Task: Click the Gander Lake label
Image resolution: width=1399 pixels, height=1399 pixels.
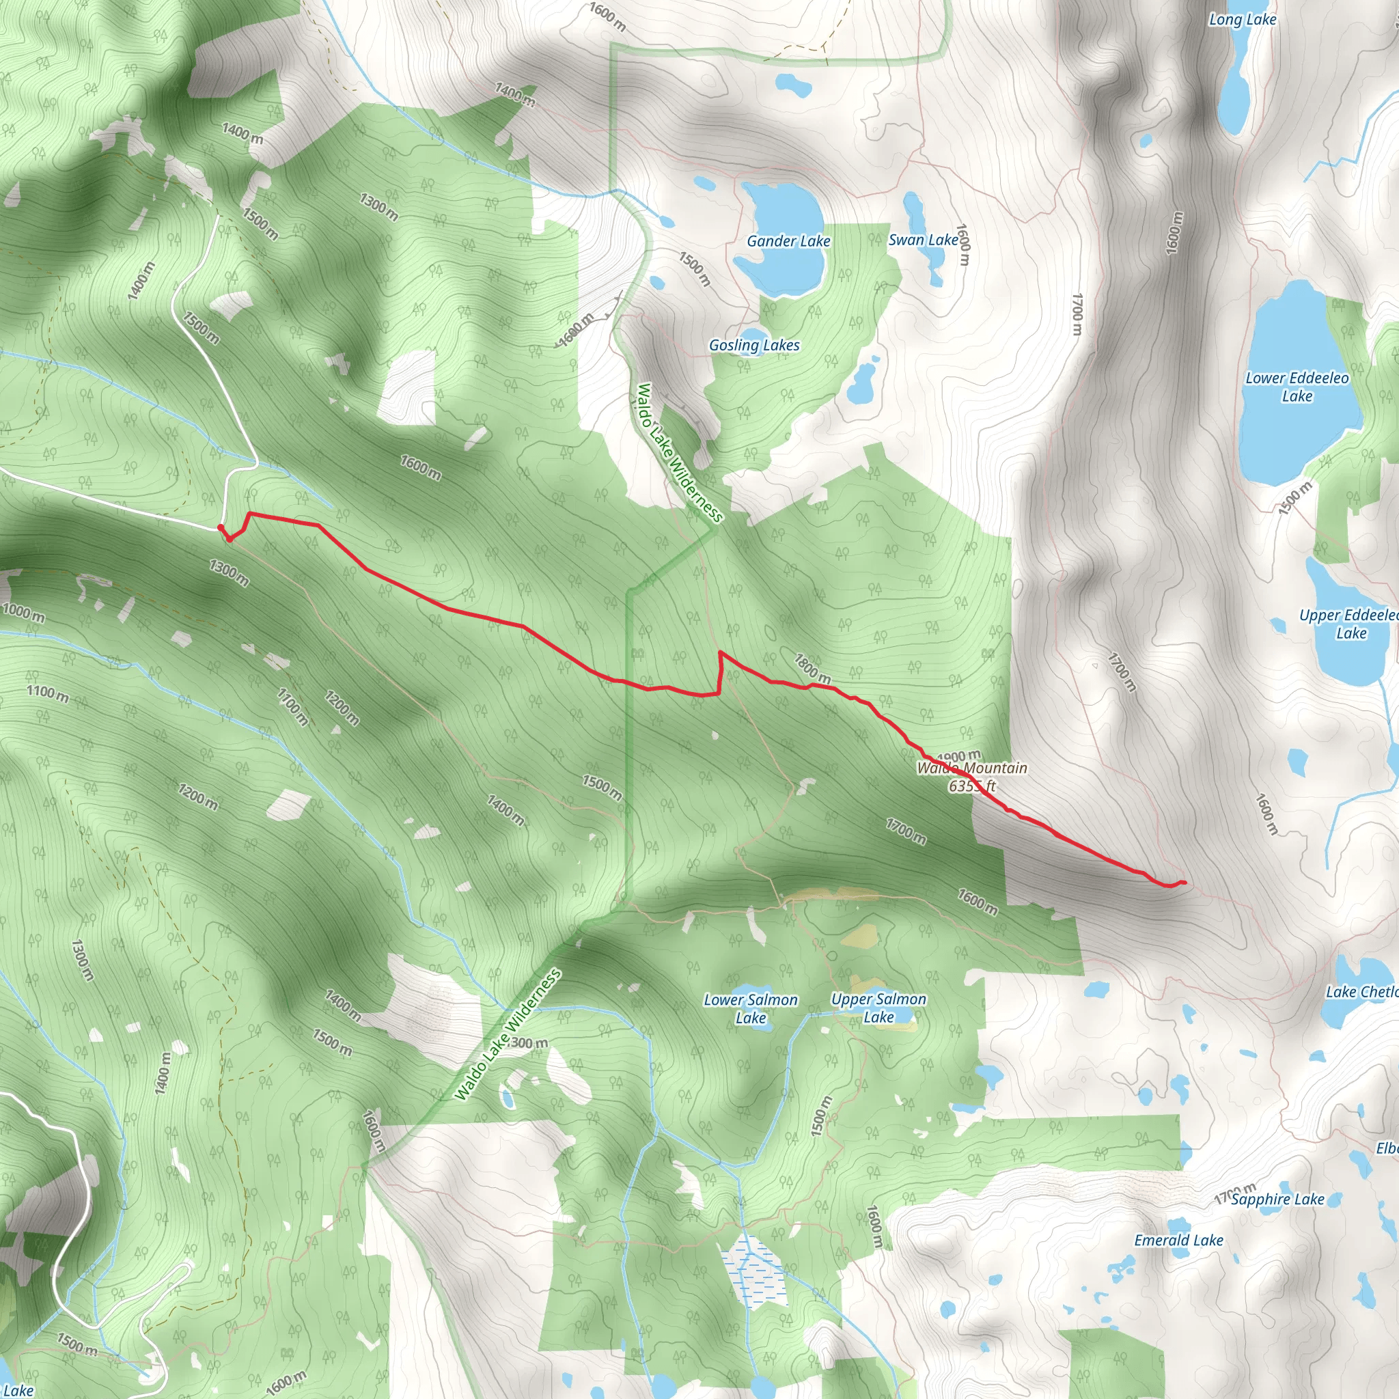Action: (788, 241)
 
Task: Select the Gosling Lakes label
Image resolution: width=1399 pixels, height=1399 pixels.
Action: (754, 346)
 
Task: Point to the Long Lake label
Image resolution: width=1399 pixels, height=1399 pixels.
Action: (1242, 20)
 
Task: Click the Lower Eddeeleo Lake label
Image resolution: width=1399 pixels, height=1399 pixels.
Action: (1297, 387)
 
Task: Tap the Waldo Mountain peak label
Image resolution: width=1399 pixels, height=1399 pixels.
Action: (972, 776)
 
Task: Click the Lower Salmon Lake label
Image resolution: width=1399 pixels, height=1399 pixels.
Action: (750, 1009)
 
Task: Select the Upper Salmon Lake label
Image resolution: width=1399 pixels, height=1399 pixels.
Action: (878, 1008)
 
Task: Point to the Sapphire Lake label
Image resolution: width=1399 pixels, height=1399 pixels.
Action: (1277, 1199)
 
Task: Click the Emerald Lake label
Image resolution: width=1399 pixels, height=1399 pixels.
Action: (1178, 1241)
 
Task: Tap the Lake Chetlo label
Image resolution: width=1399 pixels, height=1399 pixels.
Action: (1361, 992)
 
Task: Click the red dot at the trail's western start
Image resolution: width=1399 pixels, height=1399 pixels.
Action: (220, 528)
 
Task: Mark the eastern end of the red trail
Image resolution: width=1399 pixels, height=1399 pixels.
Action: (1183, 882)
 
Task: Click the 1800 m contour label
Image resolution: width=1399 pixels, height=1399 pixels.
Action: (812, 668)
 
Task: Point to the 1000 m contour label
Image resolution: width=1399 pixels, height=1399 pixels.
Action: (23, 613)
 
